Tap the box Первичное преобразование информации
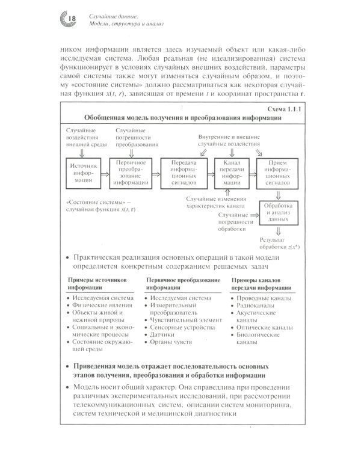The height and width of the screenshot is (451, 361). coord(131,172)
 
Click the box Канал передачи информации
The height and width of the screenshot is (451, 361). coord(232,172)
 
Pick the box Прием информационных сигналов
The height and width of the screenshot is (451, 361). coord(278,172)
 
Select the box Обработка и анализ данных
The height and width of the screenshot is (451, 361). coord(279,212)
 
